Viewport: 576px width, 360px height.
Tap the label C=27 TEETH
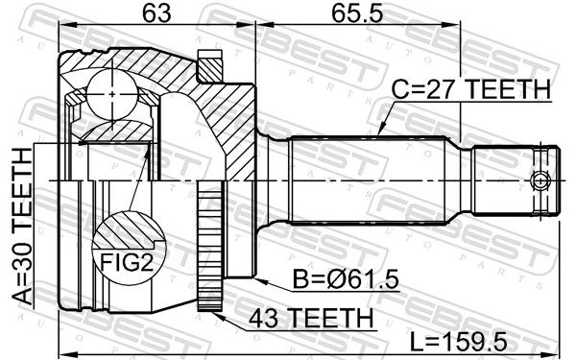click(x=470, y=90)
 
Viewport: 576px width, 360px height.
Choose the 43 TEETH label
click(x=307, y=316)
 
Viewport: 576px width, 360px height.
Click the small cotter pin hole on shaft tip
click(x=541, y=180)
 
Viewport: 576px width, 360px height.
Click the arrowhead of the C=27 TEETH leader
click(x=379, y=131)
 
